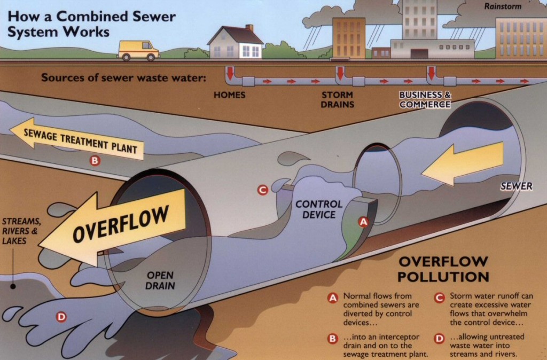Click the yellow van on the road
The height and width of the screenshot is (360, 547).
pos(138,50)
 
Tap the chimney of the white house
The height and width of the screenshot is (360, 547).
pos(249,28)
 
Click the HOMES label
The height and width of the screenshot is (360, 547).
pos(229,95)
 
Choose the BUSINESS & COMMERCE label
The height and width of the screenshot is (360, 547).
pos(425,99)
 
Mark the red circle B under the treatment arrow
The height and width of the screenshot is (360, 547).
pos(95,159)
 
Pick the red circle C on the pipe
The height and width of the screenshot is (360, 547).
pos(262,190)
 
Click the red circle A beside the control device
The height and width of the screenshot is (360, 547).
pos(363,221)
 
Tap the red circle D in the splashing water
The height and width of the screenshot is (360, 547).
pos(61,317)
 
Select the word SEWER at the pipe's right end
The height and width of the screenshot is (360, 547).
pos(516,186)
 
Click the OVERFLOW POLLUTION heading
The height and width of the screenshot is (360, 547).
pos(443,269)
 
